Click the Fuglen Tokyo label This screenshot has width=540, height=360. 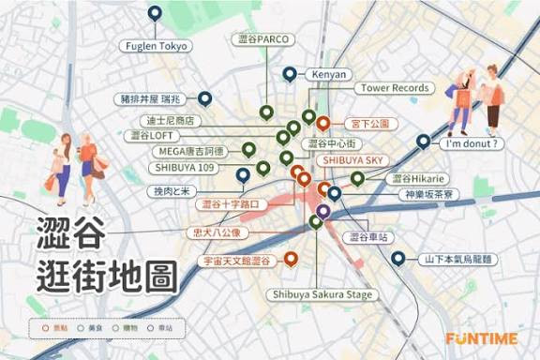point(157,45)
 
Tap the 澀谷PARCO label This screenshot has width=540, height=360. point(263,40)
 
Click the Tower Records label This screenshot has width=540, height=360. point(395,88)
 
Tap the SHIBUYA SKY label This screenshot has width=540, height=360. point(353,160)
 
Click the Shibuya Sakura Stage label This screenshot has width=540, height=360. point(322,294)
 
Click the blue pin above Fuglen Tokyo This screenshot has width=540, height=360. point(156,13)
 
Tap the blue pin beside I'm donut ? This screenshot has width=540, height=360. point(424,142)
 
